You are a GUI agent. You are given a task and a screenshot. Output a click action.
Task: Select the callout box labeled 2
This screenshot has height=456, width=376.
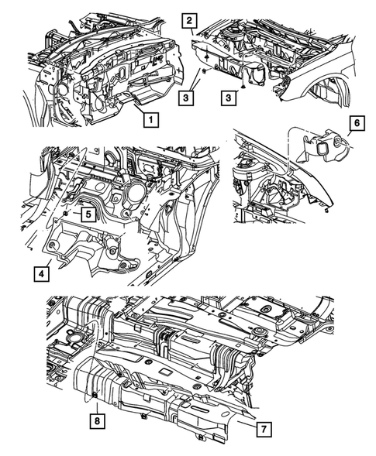(190, 21)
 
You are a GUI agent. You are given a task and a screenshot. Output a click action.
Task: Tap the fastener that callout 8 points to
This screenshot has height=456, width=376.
(95, 397)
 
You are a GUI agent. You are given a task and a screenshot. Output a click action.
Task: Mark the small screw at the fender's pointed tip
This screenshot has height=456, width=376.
(331, 209)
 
